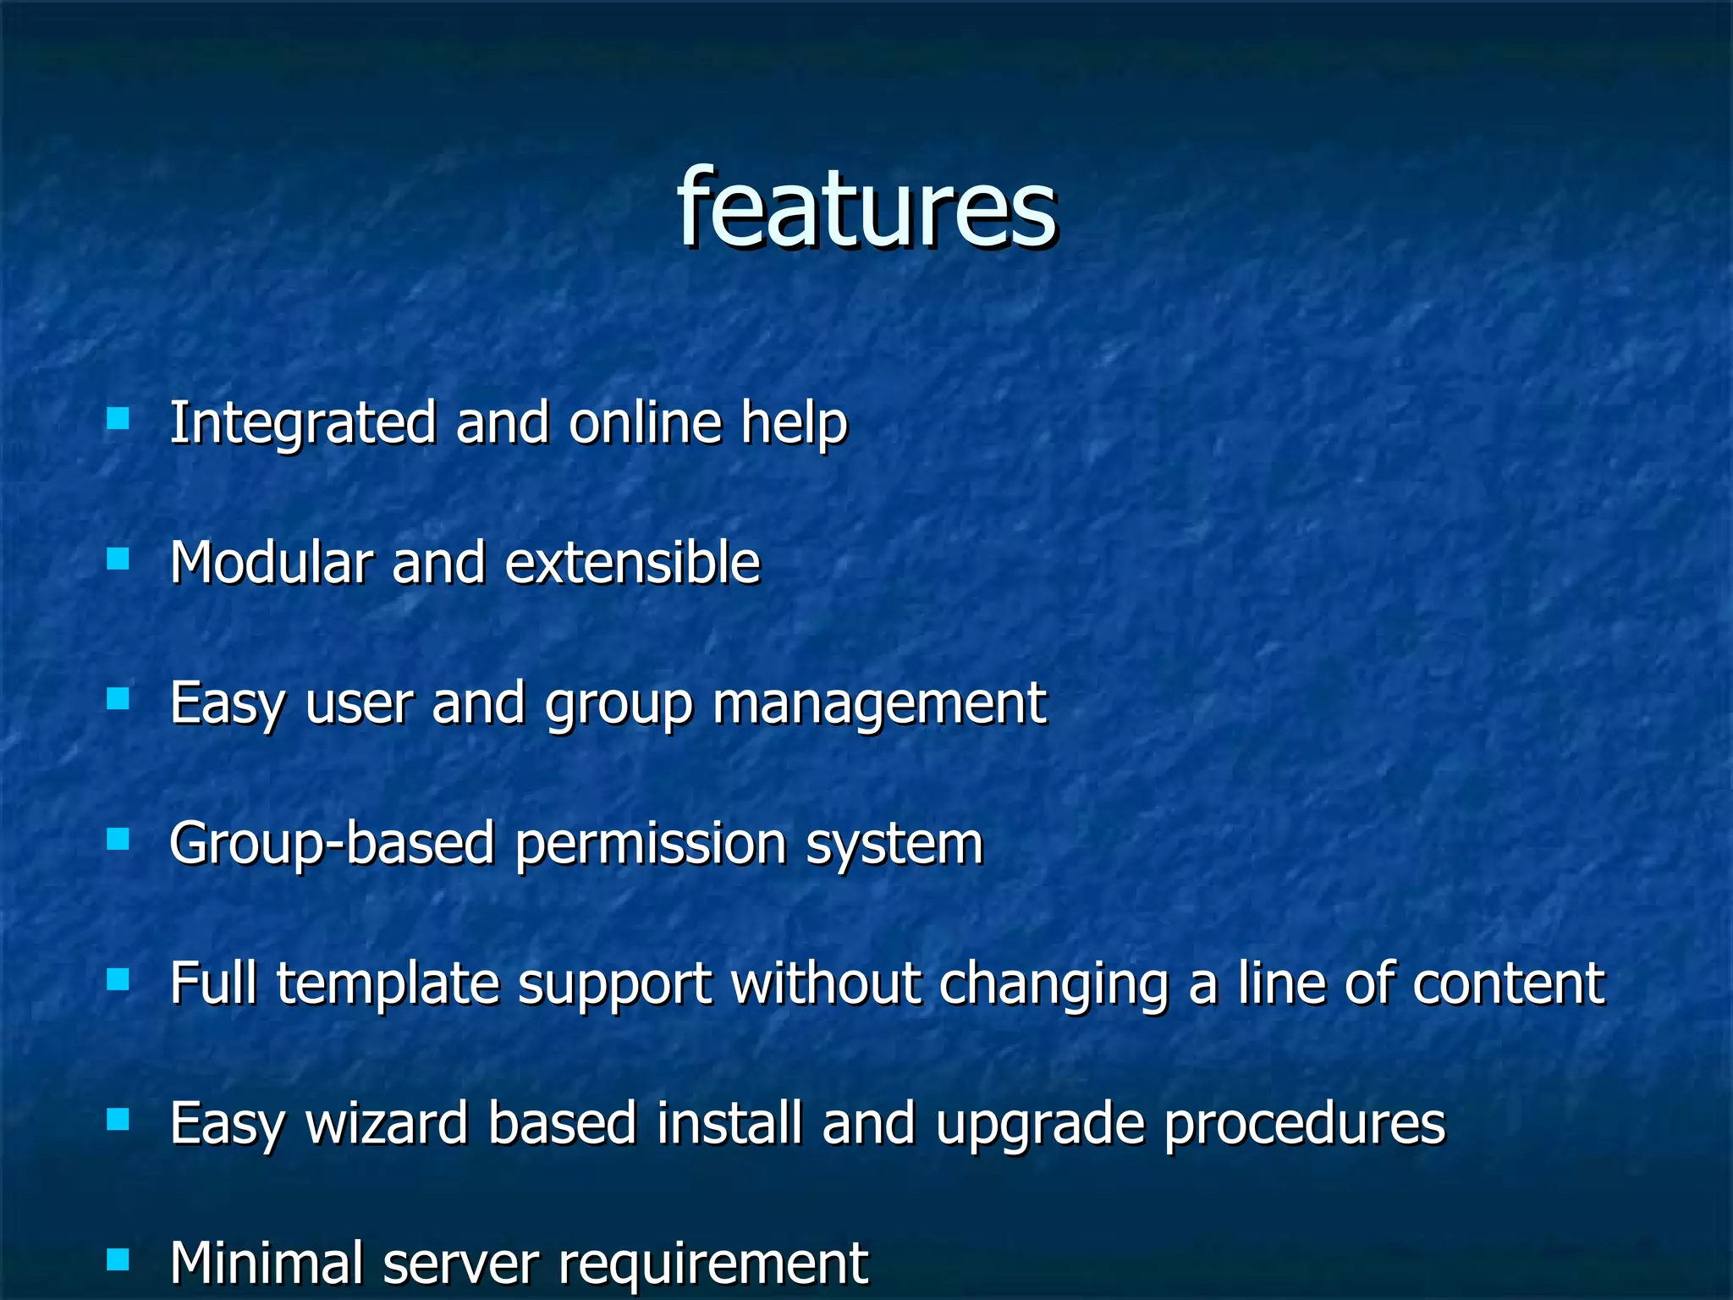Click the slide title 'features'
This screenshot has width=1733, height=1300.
(x=866, y=209)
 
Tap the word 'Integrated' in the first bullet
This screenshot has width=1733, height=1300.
(x=303, y=423)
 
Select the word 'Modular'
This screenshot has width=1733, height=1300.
(x=271, y=563)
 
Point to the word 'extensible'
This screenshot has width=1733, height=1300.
(x=633, y=563)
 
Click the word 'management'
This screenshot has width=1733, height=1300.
(x=879, y=704)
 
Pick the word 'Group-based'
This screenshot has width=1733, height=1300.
(x=332, y=844)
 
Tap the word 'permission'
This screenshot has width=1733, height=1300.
(x=651, y=844)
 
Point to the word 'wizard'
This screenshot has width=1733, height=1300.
(x=386, y=1124)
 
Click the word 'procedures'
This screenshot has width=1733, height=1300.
(x=1304, y=1124)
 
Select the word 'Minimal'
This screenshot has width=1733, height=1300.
(x=266, y=1263)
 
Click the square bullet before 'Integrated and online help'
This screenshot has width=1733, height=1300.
(x=118, y=419)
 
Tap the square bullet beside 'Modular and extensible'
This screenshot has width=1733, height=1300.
(x=118, y=559)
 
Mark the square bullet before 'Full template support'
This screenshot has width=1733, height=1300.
(x=118, y=979)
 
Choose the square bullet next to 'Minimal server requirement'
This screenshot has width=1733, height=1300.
(x=118, y=1259)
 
